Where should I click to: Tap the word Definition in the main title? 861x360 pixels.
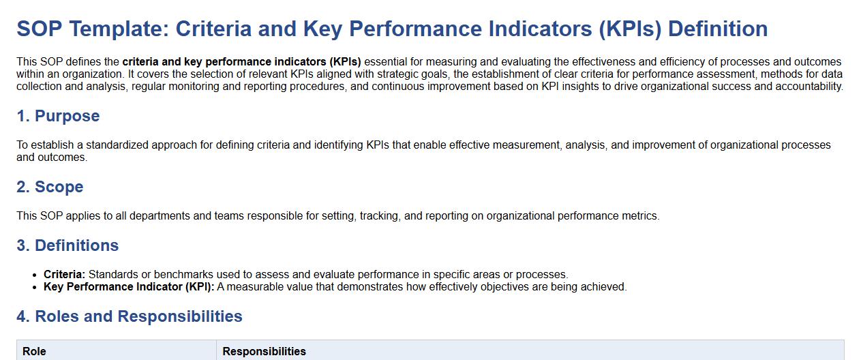click(x=718, y=29)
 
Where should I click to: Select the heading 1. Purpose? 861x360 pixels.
click(x=58, y=116)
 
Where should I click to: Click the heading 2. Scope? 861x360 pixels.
click(x=50, y=187)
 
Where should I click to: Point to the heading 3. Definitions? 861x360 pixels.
click(x=67, y=245)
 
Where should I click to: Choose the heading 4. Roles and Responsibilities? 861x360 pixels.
click(x=130, y=316)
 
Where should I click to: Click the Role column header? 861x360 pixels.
click(x=34, y=351)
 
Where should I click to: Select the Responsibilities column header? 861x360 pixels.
click(x=264, y=351)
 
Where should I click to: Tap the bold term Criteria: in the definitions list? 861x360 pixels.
click(x=64, y=274)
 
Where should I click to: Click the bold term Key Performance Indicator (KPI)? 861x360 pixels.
click(x=129, y=286)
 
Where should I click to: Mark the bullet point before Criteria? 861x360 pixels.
click(x=35, y=275)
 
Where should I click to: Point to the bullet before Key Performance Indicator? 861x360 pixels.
click(x=35, y=288)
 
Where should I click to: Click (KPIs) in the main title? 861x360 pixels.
click(x=630, y=29)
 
